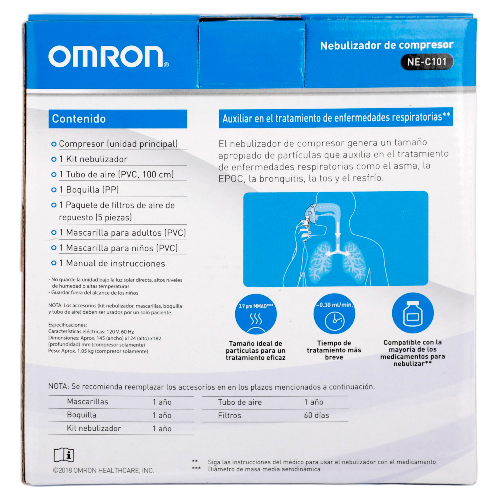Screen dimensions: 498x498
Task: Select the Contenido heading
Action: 79,119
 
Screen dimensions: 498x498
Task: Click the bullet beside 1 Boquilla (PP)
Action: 54,190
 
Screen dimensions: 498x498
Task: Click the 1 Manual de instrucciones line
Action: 112,263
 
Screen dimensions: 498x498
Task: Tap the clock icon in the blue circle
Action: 335,321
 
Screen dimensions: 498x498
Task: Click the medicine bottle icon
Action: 413,314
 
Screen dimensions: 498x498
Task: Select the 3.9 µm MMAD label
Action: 256,307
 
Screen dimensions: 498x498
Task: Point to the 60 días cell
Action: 317,415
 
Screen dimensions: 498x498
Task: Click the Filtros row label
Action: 229,415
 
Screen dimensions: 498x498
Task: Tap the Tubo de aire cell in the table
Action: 240,402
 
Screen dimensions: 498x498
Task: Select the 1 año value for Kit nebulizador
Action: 162,428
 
